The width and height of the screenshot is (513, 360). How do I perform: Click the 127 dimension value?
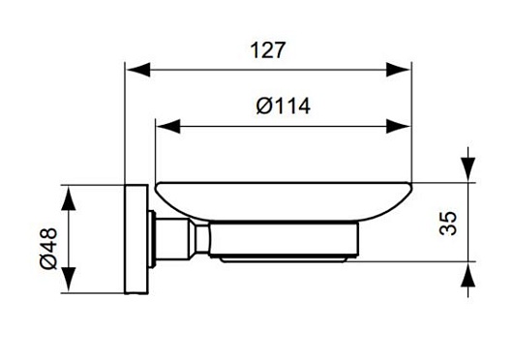[x=267, y=50]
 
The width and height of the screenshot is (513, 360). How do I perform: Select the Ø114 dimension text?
[x=284, y=106]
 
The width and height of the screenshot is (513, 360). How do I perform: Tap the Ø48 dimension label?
[x=49, y=248]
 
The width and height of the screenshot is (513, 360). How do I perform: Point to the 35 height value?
[x=447, y=224]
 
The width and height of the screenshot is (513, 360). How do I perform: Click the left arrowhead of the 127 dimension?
[x=138, y=70]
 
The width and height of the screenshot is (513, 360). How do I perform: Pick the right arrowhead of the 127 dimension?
[x=398, y=70]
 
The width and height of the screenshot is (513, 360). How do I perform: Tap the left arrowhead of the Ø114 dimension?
[x=168, y=126]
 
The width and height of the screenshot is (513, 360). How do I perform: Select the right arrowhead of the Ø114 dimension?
[x=398, y=126]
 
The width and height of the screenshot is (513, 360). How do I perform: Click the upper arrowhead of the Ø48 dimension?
[x=69, y=198]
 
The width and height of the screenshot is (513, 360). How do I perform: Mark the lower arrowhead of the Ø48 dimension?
[x=69, y=279]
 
